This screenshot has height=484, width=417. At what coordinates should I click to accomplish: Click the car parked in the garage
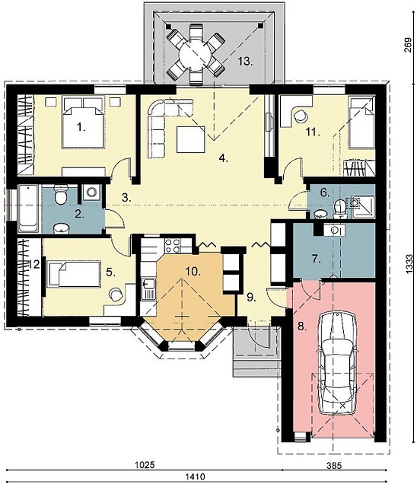tap(338, 363)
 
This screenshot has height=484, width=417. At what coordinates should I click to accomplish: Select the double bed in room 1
tap(83, 123)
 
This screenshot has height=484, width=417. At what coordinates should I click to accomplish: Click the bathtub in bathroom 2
tap(28, 209)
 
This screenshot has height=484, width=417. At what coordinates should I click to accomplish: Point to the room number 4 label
tap(223, 158)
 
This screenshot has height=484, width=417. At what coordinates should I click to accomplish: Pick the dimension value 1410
tap(195, 477)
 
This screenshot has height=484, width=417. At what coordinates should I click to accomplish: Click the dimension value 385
tap(335, 465)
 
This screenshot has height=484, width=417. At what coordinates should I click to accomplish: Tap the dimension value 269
tap(408, 45)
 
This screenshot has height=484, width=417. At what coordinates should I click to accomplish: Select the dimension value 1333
tap(408, 263)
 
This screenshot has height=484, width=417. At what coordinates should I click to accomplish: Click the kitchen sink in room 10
tap(148, 288)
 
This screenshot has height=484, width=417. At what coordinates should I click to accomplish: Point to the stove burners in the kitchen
tap(173, 246)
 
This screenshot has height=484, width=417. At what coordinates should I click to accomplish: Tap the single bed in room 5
tap(74, 274)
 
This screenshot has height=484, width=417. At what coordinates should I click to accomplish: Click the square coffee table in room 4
tap(191, 139)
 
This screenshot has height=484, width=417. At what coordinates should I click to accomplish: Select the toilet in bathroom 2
tap(61, 194)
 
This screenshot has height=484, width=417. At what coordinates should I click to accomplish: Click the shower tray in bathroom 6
tap(363, 207)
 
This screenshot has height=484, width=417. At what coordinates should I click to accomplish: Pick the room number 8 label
tap(302, 326)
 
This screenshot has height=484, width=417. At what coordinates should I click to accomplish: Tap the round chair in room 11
tap(300, 116)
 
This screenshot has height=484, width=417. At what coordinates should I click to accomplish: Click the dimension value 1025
tap(145, 465)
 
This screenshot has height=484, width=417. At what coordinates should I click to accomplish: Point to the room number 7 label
tap(316, 259)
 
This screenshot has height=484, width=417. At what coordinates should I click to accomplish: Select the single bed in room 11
tap(361, 123)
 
